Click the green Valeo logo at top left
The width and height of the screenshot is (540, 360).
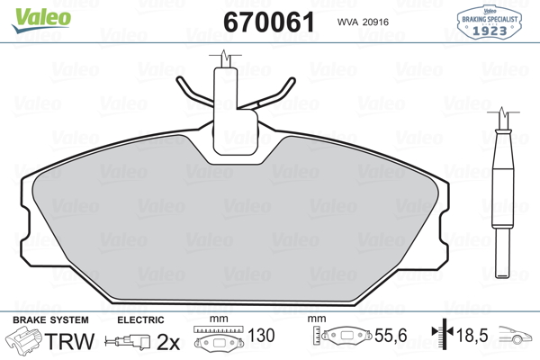(x=41, y=20)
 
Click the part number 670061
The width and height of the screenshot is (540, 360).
(x=269, y=22)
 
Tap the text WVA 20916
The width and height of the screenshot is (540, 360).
(x=363, y=22)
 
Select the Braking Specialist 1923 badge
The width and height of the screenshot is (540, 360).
(x=489, y=22)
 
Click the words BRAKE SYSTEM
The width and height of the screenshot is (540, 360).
(x=50, y=320)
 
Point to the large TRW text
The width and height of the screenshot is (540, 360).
(x=69, y=341)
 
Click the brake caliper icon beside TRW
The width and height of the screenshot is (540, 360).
(x=23, y=341)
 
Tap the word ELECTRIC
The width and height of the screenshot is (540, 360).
(x=140, y=320)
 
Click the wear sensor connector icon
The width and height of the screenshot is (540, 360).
(x=128, y=342)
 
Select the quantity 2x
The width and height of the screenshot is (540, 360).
(x=168, y=342)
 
